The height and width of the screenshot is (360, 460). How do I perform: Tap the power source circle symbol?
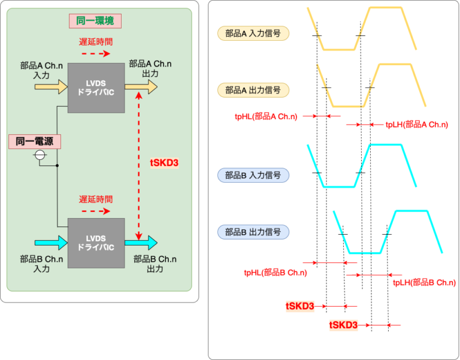coord(40,156)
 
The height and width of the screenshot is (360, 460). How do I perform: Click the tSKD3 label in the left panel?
coord(163,162)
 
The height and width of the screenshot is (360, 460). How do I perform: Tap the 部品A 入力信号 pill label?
coord(253,33)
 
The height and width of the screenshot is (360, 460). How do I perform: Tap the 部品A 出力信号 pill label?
coord(253,90)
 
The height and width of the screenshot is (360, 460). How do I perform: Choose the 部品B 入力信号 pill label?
coord(253,176)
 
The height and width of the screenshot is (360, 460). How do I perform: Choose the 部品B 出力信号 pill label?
coord(253,231)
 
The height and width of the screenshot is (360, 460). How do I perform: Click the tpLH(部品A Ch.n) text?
coord(417,125)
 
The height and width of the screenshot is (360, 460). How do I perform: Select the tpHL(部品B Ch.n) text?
coord(276,273)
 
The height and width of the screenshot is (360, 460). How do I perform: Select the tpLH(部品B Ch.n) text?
coord(424,282)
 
